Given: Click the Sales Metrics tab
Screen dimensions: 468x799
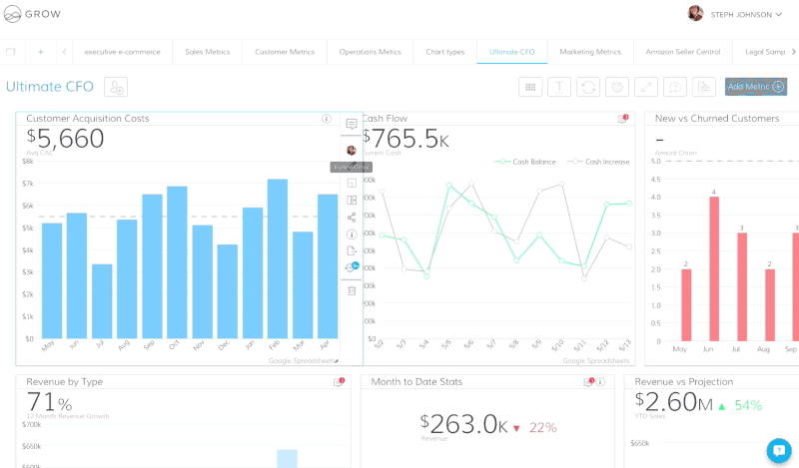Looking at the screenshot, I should click(207, 52).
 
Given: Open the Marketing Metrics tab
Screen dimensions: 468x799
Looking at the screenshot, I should click(589, 52).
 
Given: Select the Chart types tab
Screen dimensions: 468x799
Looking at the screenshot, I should click(444, 52).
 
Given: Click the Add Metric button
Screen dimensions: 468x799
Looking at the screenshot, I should click(755, 87).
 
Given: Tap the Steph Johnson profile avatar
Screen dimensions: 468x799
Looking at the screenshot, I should click(695, 13).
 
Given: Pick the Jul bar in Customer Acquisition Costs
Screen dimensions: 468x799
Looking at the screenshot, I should click(102, 301).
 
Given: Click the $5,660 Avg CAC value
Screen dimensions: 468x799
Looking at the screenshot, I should click(66, 139).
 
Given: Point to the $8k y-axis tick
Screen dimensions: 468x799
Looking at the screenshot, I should click(28, 161).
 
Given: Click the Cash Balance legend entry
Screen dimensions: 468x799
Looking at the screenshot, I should click(526, 161).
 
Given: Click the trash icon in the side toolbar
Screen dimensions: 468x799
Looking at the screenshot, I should click(352, 290).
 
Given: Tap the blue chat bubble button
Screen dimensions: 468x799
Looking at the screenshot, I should click(778, 450).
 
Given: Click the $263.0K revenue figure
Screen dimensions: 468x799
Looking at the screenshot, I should click(463, 424).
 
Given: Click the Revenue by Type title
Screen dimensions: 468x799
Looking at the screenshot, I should click(64, 381).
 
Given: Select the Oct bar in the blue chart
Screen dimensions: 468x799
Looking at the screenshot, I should click(177, 262).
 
